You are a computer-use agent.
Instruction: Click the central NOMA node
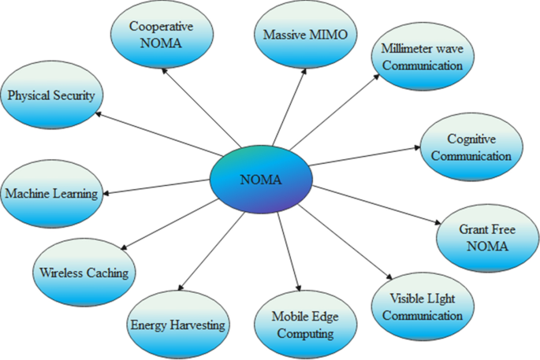tap(259, 180)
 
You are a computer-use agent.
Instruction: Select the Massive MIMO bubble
tap(305, 35)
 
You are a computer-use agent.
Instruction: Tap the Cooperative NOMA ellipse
tap(161, 34)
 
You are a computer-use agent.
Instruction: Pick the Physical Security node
tap(51, 96)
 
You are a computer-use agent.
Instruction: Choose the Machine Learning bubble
tap(51, 194)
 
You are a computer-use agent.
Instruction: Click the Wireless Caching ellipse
tap(84, 273)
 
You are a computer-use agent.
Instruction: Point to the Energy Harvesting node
tap(177, 325)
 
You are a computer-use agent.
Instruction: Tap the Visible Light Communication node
tap(427, 308)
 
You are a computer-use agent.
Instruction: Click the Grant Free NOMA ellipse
tap(483, 239)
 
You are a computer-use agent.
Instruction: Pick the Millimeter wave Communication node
tap(423, 58)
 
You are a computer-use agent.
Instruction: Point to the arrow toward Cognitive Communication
tap(363, 155)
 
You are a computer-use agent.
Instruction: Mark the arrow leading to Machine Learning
tap(158, 188)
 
